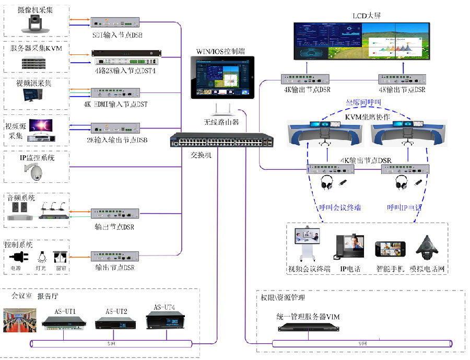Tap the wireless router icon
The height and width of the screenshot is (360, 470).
click(221, 109)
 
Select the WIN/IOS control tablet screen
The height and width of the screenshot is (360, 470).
click(221, 77)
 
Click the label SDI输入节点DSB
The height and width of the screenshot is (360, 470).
click(115, 35)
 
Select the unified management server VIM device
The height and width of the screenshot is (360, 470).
click(308, 328)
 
